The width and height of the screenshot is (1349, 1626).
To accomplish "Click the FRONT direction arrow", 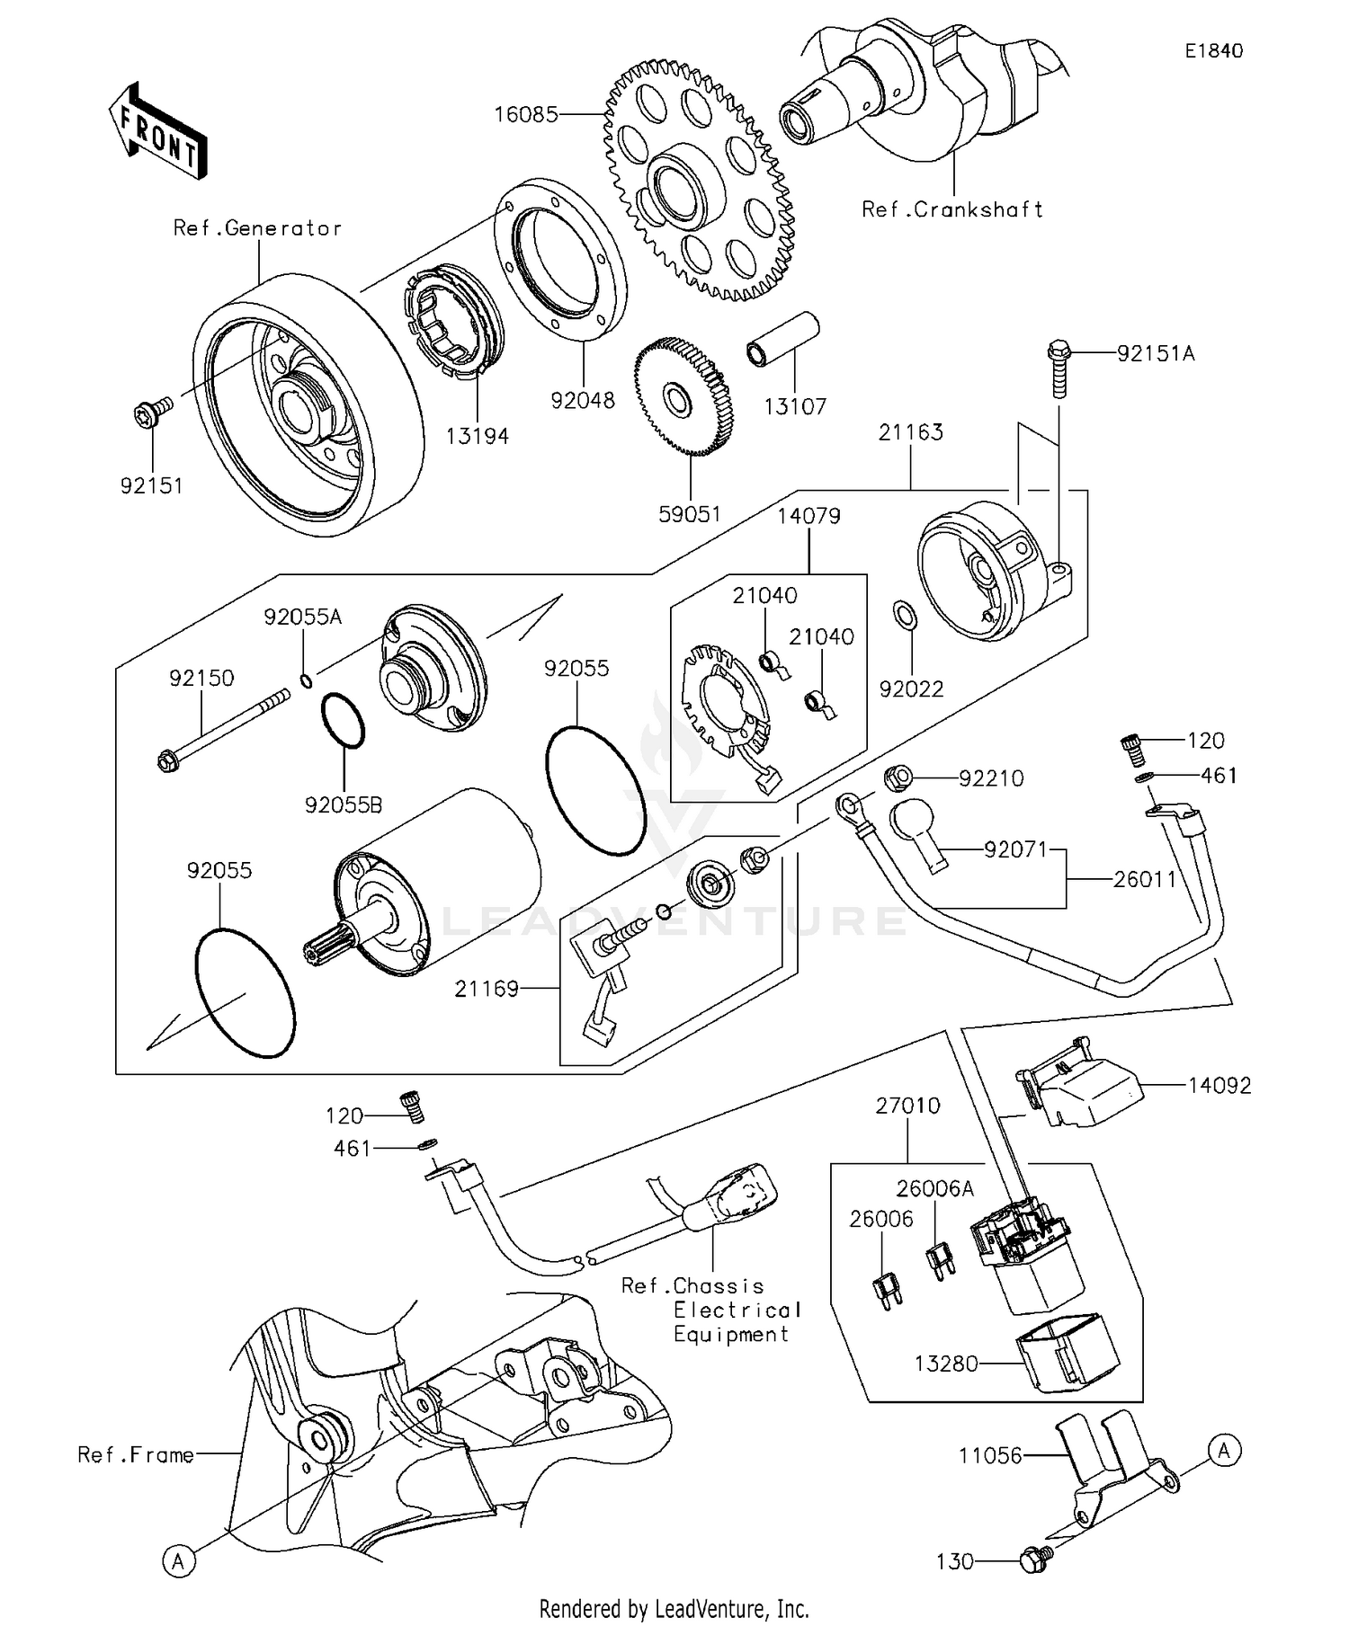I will [158, 131].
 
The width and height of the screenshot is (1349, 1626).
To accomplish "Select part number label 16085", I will [526, 114].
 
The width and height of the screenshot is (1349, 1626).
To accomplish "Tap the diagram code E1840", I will [1213, 51].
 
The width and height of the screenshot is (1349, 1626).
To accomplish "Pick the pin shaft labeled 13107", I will [783, 340].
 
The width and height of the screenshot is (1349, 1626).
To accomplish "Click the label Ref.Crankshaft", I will [952, 209].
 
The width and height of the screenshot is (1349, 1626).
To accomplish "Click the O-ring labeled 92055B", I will [343, 721].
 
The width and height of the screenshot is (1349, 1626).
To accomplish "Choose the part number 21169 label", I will [487, 989].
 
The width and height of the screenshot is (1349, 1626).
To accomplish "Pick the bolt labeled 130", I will [1031, 1561].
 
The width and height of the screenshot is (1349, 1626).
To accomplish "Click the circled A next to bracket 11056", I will [1223, 1449].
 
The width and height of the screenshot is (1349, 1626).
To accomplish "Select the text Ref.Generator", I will [257, 228].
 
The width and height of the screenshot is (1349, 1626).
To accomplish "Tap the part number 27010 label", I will [907, 1106].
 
